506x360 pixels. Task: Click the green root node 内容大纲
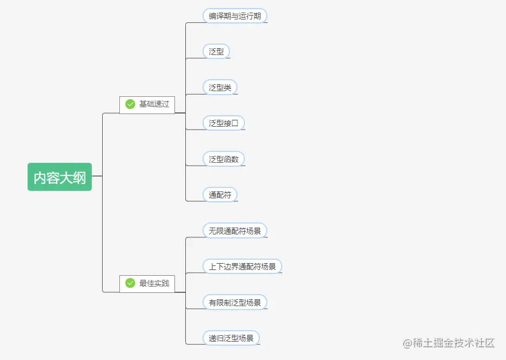(60, 177)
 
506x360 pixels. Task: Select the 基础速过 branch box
(147, 104)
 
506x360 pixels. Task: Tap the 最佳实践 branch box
(147, 283)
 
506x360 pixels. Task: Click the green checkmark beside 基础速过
(130, 104)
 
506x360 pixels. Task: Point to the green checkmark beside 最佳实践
(130, 283)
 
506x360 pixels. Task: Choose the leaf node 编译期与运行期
(235, 16)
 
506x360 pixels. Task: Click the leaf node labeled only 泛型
(216, 52)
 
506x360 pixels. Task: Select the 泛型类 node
(220, 88)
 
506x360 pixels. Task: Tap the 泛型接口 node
(224, 123)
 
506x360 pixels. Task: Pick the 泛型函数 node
(224, 159)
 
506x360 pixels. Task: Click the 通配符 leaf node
(220, 195)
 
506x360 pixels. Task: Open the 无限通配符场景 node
(235, 230)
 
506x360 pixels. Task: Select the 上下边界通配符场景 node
(242, 267)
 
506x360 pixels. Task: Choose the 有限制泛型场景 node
(235, 302)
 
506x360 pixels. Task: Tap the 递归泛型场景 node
(231, 338)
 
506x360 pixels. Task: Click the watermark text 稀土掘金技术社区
(454, 343)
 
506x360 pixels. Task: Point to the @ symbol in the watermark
(407, 343)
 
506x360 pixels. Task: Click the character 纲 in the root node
(80, 178)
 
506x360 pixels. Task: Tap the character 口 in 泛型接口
(235, 123)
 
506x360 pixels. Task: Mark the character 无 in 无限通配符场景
(212, 231)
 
